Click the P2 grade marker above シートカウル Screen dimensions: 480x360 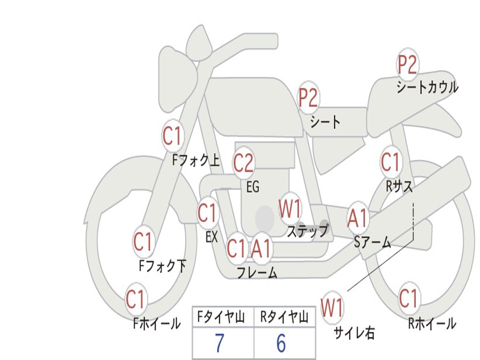tap(407, 65)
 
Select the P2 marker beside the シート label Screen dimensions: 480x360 tap(308, 98)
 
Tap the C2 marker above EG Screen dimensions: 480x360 tap(243, 163)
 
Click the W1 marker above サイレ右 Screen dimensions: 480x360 tap(332, 308)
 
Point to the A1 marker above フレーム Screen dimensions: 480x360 tap(261, 248)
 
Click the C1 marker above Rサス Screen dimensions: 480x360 tap(390, 162)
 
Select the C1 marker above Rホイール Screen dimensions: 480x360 tap(408, 298)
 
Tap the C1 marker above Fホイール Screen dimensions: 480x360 tap(135, 300)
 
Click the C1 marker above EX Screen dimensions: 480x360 tap(208, 214)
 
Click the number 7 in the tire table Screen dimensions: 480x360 tap(219, 344)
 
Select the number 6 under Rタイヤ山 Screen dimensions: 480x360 tap(281, 344)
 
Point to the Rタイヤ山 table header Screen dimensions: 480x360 tap(284, 318)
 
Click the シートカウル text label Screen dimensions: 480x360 tap(427, 88)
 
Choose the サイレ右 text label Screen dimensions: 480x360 tap(354, 333)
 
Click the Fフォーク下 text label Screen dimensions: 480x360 tap(162, 266)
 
